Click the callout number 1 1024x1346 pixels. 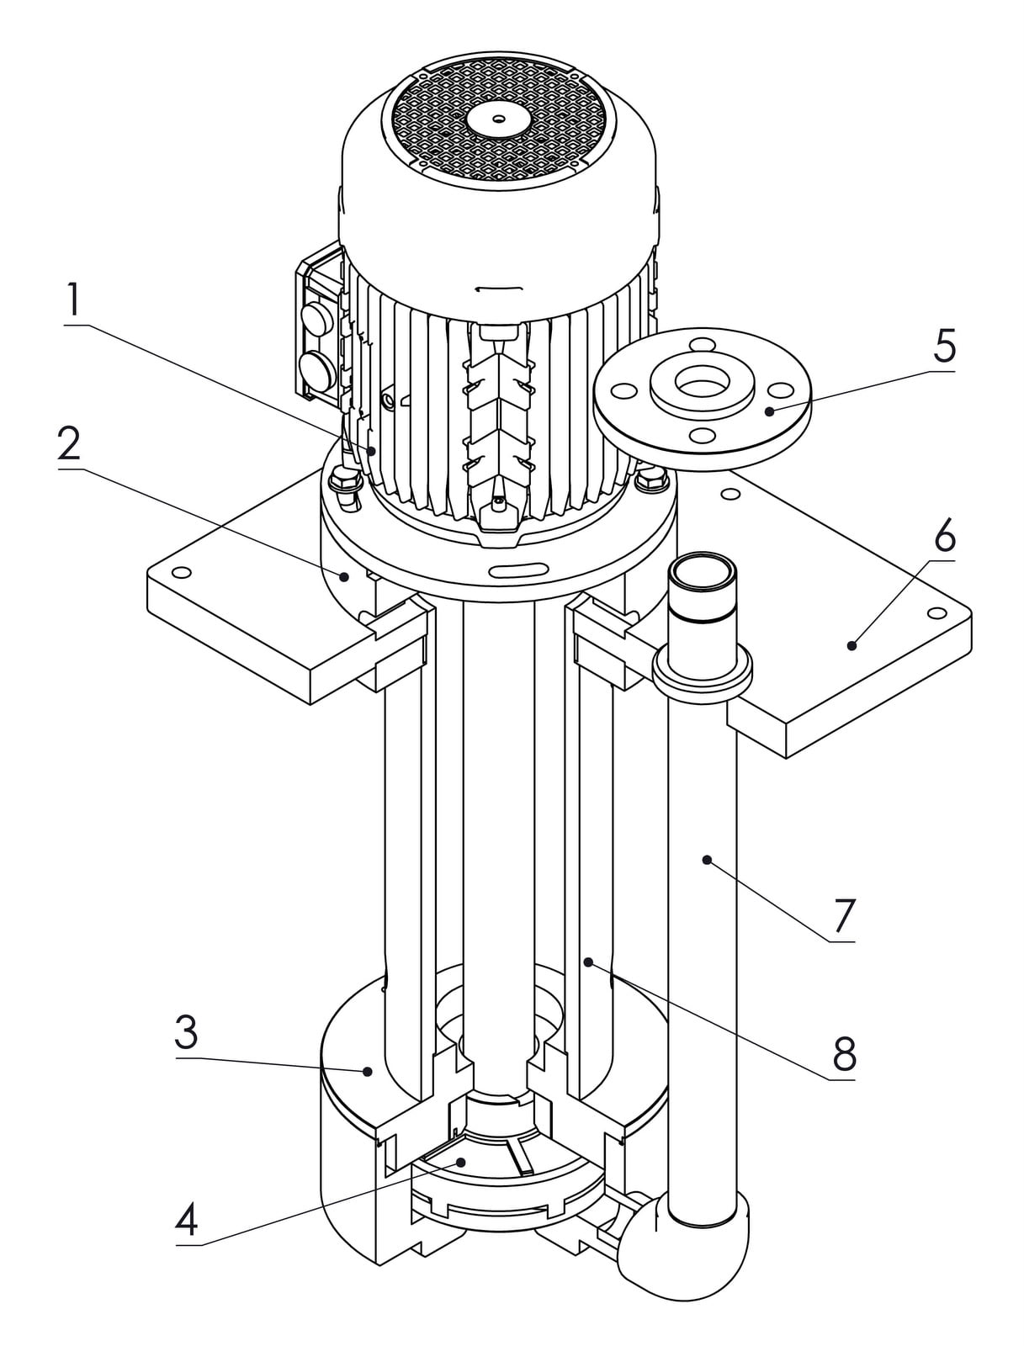(x=73, y=300)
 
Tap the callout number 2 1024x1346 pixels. (x=69, y=444)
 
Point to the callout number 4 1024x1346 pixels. (x=187, y=1218)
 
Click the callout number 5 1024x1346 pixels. (x=944, y=347)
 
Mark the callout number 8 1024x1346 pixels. (x=844, y=1054)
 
